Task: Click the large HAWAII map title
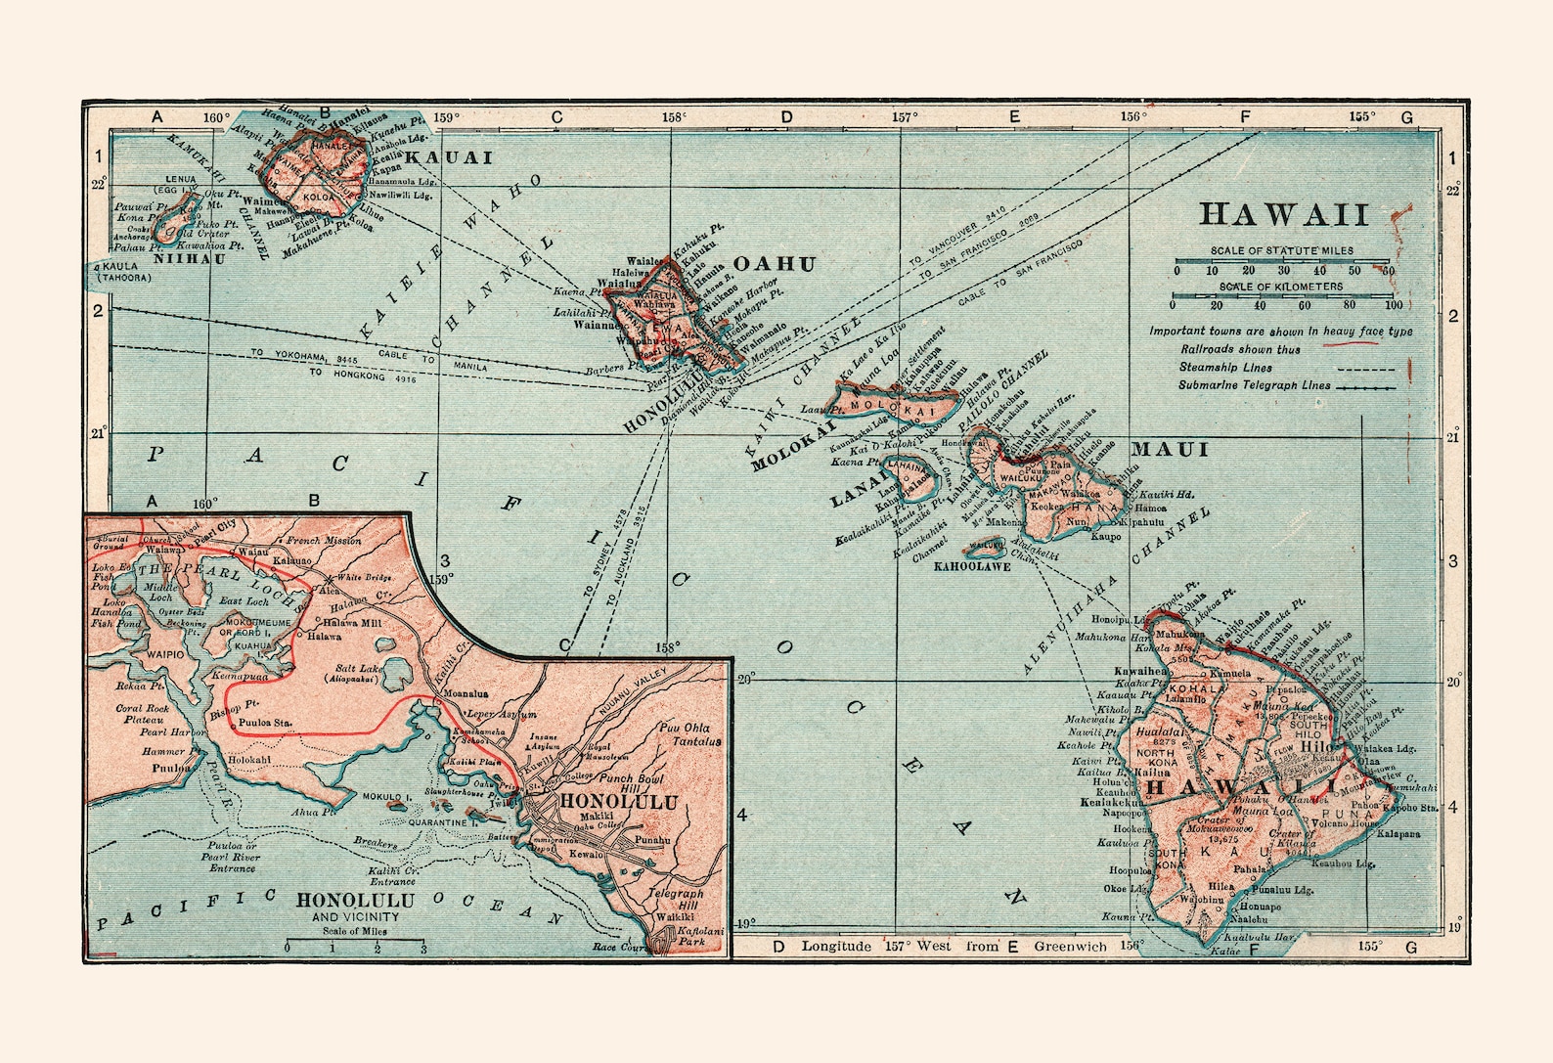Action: (1284, 215)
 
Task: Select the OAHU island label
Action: (774, 264)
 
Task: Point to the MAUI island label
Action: (1171, 450)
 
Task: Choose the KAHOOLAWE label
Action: (972, 566)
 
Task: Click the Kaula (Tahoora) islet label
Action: (124, 272)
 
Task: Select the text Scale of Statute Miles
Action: (1282, 250)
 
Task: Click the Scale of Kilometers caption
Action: (1281, 287)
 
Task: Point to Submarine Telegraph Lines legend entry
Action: (1254, 385)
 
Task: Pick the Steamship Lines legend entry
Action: (1225, 368)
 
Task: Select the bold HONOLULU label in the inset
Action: (617, 802)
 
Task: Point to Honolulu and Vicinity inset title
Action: (355, 907)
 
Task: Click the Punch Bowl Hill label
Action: (631, 782)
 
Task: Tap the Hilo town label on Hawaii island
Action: (1316, 745)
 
